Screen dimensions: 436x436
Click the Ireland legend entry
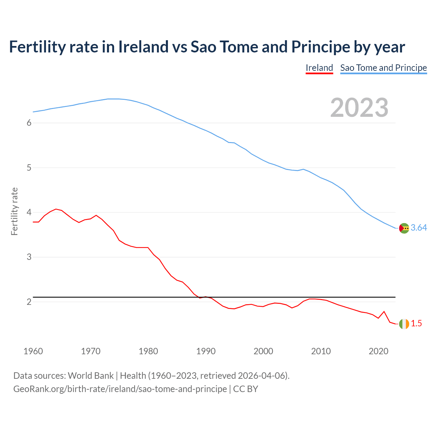319,68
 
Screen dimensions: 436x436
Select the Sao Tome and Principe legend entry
384,68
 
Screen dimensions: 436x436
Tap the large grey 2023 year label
359,108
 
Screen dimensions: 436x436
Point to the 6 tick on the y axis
29,123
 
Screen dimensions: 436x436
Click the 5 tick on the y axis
29,168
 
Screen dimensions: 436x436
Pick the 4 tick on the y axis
29,212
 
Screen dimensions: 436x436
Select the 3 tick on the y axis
29,257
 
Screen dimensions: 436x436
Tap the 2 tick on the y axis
29,302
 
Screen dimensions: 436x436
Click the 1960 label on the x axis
33,351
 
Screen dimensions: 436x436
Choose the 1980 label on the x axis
148,351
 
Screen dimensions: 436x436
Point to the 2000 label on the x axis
263,351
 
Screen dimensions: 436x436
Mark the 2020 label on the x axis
378,351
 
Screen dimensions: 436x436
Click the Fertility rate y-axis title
14,211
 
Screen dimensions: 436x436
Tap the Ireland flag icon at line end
404,324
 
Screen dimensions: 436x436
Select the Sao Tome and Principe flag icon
404,228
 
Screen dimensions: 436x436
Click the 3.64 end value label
419,228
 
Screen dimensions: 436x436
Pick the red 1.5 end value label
416,324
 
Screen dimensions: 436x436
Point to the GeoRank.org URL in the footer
120,389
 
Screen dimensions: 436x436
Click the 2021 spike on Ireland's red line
384,311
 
